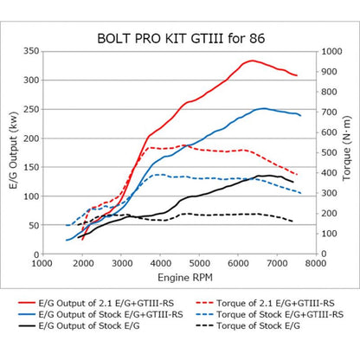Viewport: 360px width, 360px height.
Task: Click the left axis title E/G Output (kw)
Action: point(11,152)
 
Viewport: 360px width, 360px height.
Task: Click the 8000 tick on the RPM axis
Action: point(315,263)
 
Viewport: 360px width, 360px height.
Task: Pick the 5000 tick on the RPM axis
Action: point(199,263)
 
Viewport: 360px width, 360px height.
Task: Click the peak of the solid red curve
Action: point(252,61)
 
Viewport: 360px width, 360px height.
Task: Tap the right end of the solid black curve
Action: point(293,182)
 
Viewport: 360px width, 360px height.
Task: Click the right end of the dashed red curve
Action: point(298,175)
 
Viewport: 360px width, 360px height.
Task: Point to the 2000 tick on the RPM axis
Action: point(82,263)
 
